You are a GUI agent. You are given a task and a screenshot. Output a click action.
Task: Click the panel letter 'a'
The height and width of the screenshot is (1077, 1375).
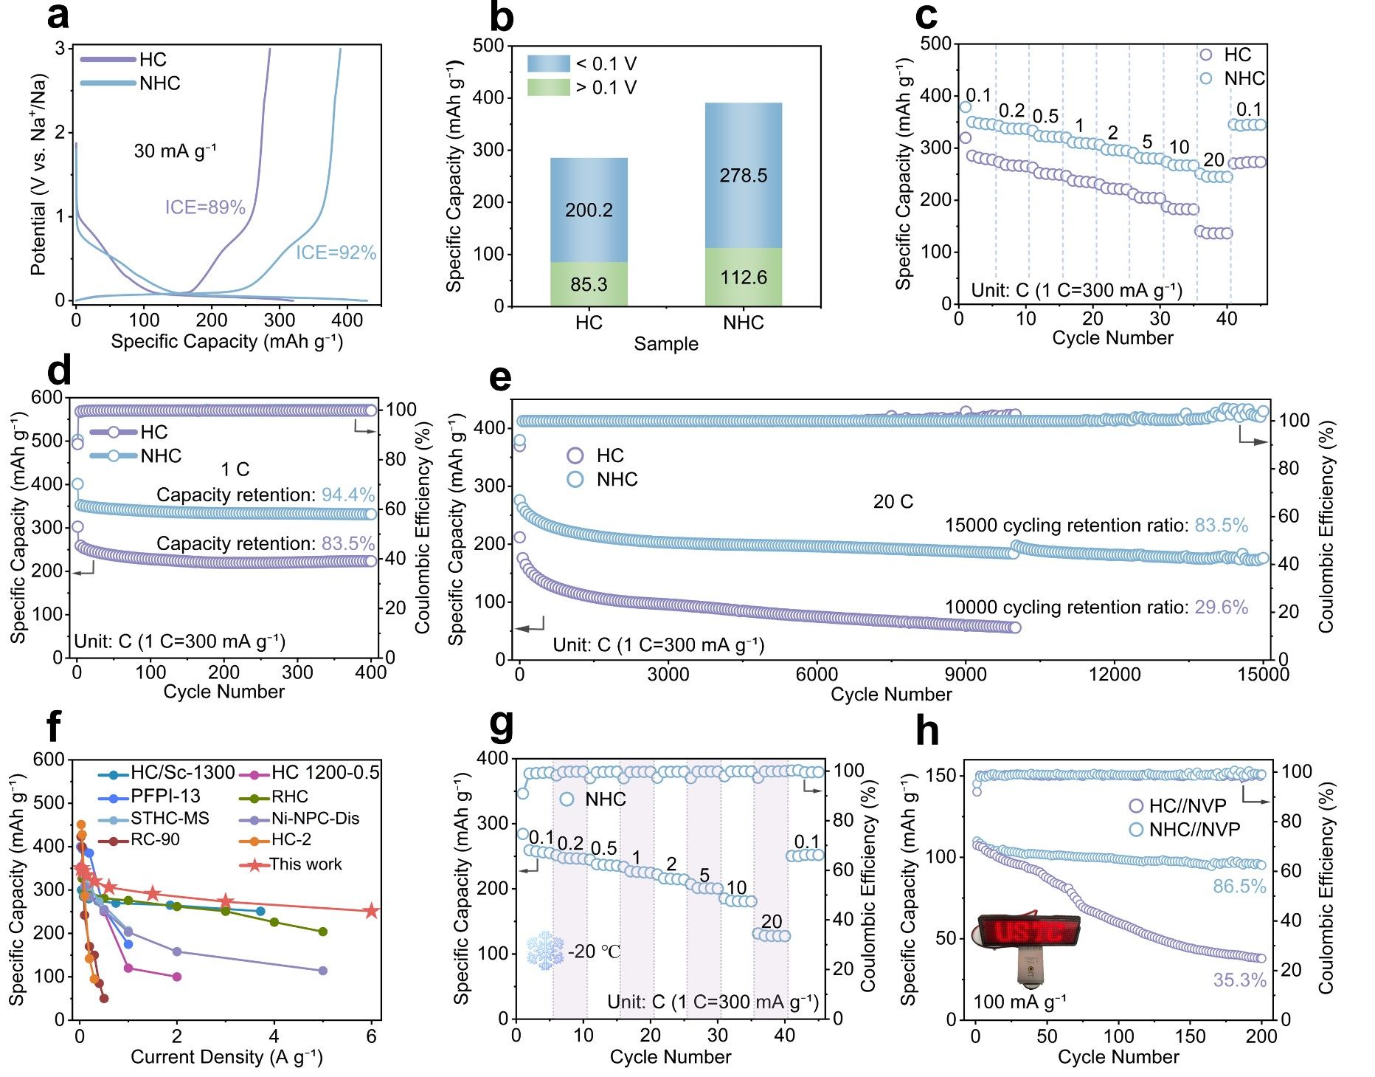(58, 16)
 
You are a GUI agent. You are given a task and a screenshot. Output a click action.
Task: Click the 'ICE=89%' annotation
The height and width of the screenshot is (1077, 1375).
(205, 207)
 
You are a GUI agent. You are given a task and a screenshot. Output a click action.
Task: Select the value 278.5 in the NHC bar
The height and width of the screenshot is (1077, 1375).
(744, 176)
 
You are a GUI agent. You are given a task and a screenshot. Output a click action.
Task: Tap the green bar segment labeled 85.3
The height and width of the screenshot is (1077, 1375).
(589, 284)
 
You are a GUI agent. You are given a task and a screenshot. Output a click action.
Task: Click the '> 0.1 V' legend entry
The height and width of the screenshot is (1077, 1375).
(606, 88)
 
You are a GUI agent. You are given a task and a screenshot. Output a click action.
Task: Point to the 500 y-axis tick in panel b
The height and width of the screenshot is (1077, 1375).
(488, 46)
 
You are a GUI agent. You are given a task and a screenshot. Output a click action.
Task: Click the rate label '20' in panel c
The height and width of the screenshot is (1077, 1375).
(1213, 159)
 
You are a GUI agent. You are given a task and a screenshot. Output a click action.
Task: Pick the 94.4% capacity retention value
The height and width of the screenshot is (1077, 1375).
(348, 495)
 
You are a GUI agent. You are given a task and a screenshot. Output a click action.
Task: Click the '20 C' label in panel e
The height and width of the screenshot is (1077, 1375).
(893, 502)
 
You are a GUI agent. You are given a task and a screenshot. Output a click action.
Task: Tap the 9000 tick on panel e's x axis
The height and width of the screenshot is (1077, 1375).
(966, 674)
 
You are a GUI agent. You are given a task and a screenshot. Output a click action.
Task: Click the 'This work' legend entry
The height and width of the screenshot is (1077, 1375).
(305, 864)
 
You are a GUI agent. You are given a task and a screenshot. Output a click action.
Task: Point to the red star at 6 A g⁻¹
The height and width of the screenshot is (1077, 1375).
(372, 911)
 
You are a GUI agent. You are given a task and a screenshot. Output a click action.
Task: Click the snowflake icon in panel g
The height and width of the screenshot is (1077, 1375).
(545, 951)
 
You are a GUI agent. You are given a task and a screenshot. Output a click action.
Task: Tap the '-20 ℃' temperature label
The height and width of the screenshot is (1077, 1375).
(595, 952)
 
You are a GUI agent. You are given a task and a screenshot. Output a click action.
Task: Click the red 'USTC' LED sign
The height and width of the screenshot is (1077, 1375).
(1029, 932)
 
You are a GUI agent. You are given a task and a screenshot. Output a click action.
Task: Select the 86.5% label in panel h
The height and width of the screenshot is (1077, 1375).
(1239, 887)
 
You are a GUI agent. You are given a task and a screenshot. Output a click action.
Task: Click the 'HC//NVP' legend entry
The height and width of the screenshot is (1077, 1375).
(1188, 806)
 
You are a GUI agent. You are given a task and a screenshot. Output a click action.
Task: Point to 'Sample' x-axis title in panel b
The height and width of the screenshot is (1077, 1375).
(666, 344)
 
